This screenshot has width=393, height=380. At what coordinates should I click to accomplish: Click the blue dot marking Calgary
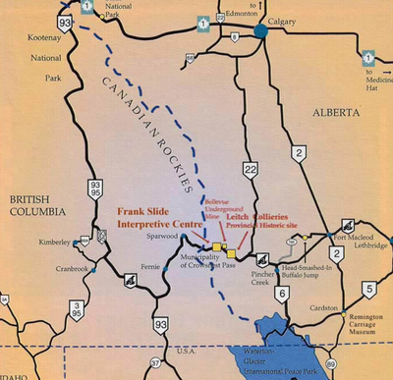point(262,31)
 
